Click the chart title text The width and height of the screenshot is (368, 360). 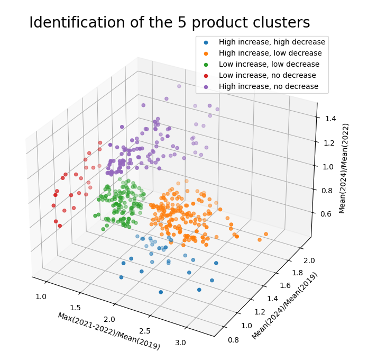pyautogui.click(x=169, y=23)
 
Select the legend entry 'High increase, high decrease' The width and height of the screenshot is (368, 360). pyautogui.click(x=272, y=42)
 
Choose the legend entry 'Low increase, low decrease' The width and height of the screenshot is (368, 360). pyautogui.click(x=269, y=64)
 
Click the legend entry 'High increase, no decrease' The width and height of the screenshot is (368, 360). pyautogui.click(x=269, y=86)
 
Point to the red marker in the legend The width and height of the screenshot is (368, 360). pyautogui.click(x=206, y=75)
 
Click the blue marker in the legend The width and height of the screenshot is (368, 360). pyautogui.click(x=206, y=42)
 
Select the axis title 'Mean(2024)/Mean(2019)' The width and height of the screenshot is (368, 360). pyautogui.click(x=285, y=306)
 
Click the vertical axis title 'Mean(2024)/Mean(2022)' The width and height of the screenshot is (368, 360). pyautogui.click(x=346, y=168)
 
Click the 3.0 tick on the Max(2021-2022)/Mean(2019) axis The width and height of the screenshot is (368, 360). pyautogui.click(x=181, y=343)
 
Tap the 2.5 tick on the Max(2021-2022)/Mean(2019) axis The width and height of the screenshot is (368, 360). pyautogui.click(x=144, y=330)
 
